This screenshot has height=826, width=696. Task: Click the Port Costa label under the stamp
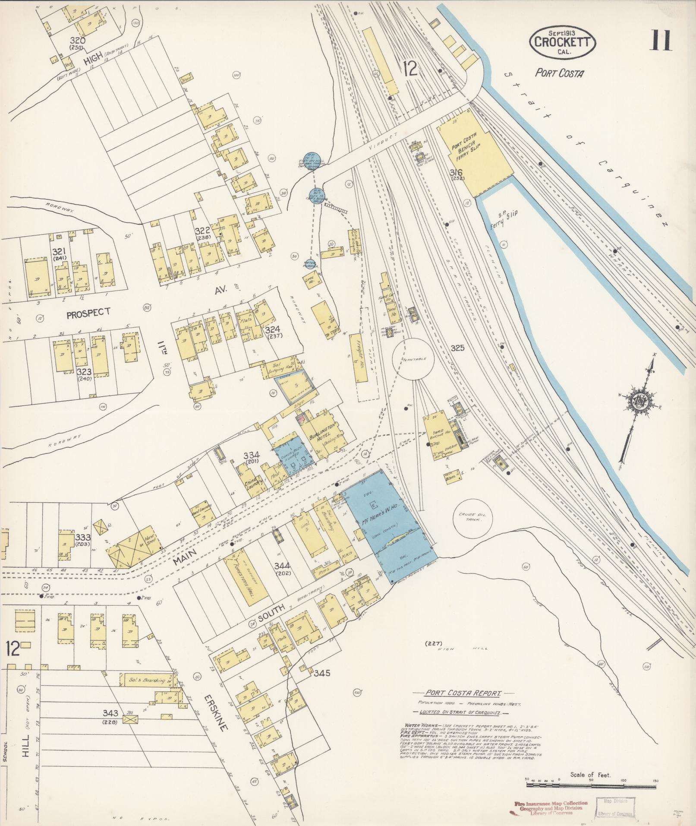pos(559,73)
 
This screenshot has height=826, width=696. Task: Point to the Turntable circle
pos(413,359)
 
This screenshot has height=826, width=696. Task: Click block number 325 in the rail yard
pos(457,348)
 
